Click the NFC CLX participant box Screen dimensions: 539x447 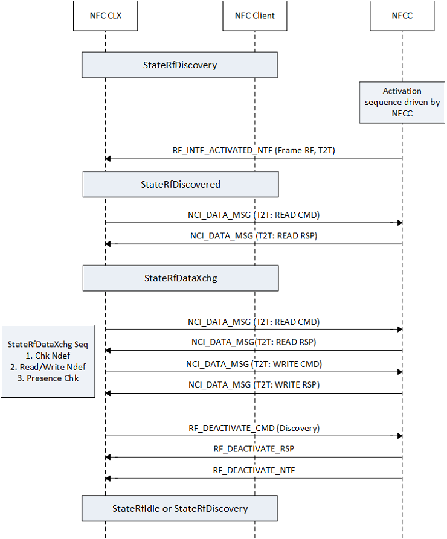point(105,16)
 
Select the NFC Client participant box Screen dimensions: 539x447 point(254,16)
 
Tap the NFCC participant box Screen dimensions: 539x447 point(401,16)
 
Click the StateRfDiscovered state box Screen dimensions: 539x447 point(181,184)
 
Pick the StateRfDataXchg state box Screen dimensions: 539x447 point(181,278)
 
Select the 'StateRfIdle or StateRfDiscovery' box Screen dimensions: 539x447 point(180,508)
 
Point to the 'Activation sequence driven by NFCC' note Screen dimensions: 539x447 point(402,102)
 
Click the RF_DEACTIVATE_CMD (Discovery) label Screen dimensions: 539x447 point(254,428)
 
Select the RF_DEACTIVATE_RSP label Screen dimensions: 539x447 point(254,449)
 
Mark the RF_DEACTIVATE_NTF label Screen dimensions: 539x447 point(254,470)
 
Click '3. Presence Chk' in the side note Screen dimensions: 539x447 point(48,378)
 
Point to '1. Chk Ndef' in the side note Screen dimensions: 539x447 point(48,356)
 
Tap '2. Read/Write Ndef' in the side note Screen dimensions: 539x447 point(48,367)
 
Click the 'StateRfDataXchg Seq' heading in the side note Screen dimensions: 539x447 point(48,344)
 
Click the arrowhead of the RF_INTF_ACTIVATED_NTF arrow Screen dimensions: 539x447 point(108,159)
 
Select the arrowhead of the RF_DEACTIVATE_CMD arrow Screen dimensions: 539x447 point(399,436)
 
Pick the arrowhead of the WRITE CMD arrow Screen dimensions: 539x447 point(399,372)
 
